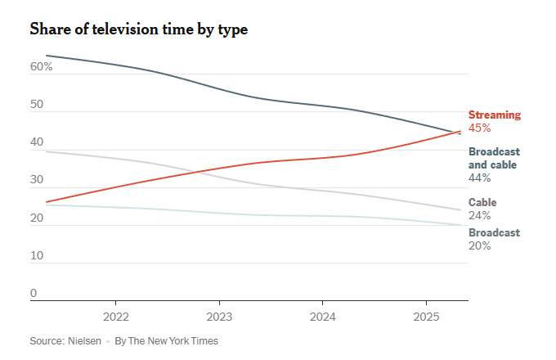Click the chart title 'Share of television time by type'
click(x=138, y=29)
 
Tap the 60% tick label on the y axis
click(x=42, y=66)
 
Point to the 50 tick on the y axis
click(x=37, y=105)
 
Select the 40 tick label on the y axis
click(x=37, y=142)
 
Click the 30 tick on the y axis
click(x=37, y=180)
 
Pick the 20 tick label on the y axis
click(x=37, y=218)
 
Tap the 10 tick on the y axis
click(x=37, y=255)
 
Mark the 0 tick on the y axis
click(x=34, y=293)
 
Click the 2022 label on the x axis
click(x=115, y=317)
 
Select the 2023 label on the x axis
click(x=219, y=317)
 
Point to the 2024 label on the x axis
click(x=323, y=317)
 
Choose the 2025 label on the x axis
click(x=426, y=317)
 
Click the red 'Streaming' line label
click(x=494, y=115)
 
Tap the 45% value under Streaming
click(x=479, y=128)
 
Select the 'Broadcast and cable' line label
click(x=494, y=158)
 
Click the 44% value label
click(x=479, y=177)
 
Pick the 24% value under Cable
click(x=479, y=216)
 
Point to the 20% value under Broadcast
click(x=479, y=245)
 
